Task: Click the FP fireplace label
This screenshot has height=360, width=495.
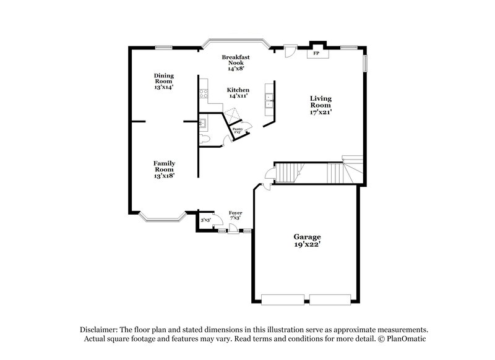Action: click(x=316, y=54)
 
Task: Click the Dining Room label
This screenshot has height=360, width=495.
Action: click(x=164, y=79)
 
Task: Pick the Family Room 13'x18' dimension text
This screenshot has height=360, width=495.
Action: click(x=164, y=176)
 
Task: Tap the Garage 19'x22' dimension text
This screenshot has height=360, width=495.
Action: click(x=308, y=246)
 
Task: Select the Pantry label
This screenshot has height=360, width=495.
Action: click(x=238, y=129)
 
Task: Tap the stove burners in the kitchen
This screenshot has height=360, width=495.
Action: click(x=202, y=95)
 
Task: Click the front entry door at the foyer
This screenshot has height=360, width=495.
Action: click(x=233, y=230)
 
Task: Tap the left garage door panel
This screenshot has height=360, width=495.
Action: click(x=283, y=299)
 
